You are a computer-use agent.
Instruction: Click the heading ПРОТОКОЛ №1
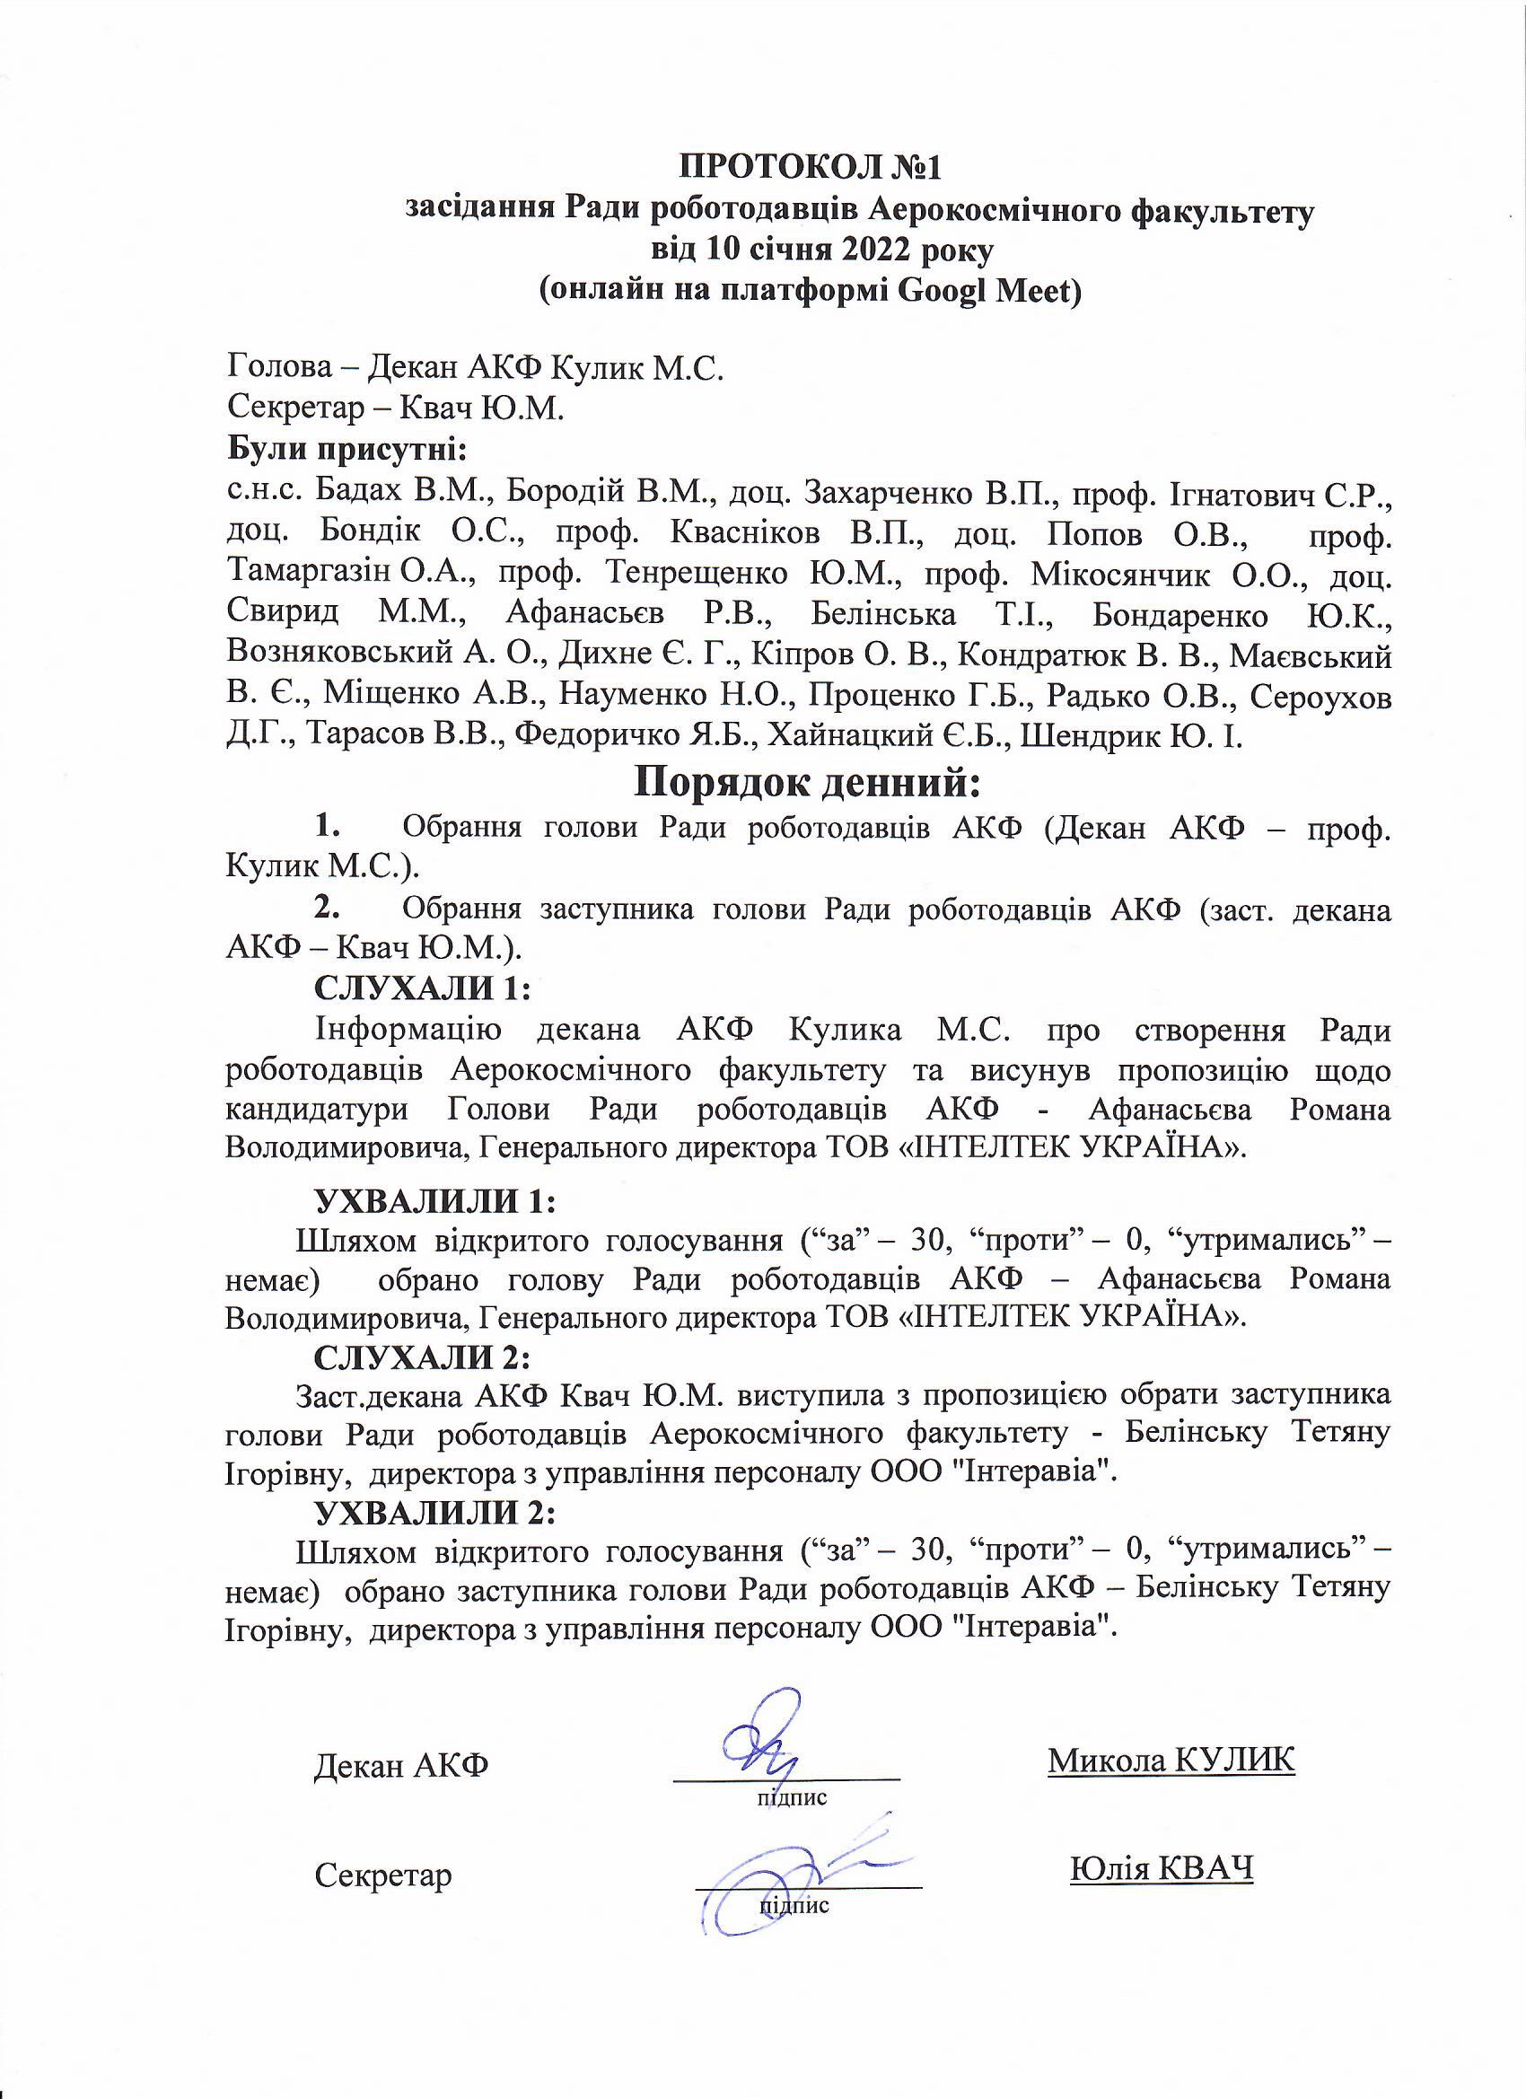coord(810,168)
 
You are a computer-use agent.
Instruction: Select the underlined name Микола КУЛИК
coord(1171,1760)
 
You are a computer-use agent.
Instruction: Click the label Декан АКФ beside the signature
coord(401,1766)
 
